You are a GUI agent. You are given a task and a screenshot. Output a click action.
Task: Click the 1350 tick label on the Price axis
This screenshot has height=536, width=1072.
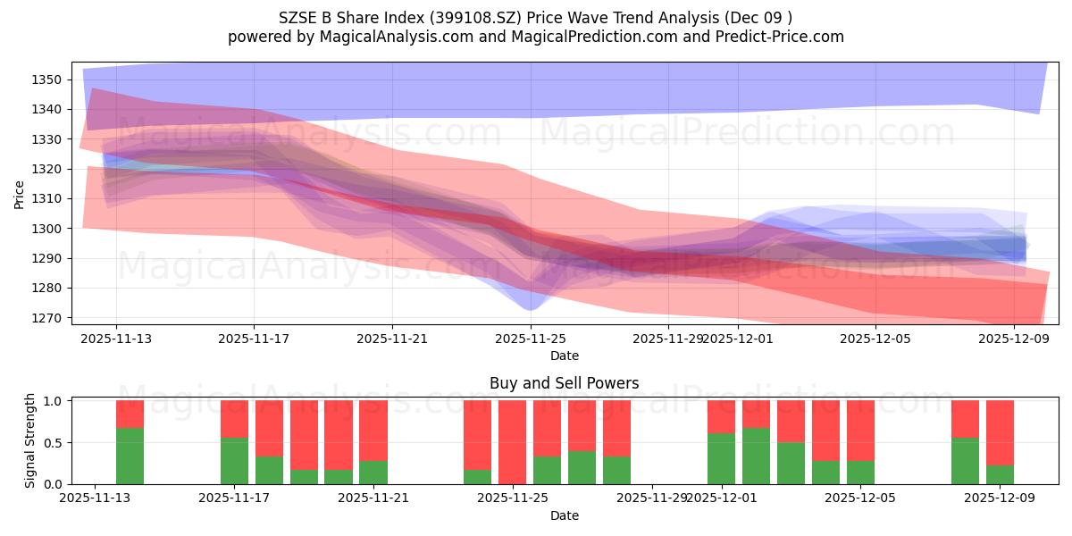46,80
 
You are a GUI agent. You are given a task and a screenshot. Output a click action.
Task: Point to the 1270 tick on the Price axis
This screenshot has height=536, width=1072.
46,318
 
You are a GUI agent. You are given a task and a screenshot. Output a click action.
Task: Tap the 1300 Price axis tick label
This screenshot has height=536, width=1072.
46,229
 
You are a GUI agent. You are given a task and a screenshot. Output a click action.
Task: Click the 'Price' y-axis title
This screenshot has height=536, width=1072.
20,193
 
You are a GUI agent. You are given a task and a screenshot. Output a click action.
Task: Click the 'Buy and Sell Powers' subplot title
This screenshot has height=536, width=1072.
564,383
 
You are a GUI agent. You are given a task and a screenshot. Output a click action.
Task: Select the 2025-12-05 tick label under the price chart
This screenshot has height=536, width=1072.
875,339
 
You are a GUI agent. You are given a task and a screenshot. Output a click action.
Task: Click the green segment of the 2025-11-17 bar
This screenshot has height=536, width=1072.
234,461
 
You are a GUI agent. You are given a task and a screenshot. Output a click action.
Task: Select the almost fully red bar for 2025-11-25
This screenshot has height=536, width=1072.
512,440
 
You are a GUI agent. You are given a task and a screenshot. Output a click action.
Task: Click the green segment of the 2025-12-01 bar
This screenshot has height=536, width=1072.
721,458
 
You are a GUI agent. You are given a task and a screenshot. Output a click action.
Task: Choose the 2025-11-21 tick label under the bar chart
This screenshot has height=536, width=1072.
373,498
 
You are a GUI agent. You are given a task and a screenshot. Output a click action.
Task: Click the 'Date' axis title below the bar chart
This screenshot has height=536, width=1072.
564,515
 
